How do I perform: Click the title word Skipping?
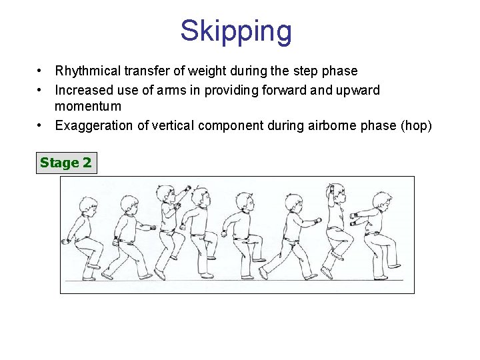coord(236,31)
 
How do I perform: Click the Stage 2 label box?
coord(66,163)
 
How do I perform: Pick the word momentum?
coord(88,107)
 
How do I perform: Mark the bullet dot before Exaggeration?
coord(41,125)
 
